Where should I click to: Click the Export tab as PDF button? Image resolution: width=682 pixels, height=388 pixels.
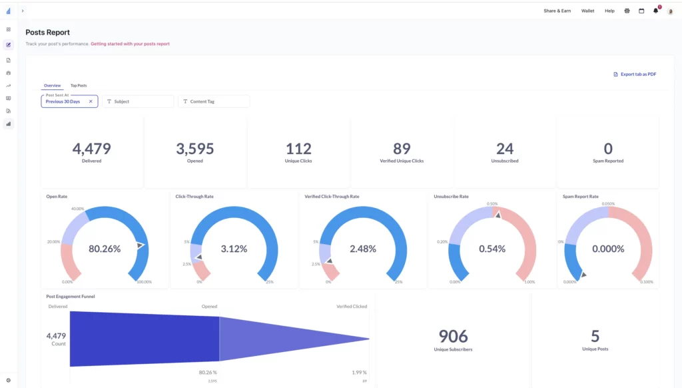click(635, 74)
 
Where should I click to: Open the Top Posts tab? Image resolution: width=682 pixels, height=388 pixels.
click(79, 85)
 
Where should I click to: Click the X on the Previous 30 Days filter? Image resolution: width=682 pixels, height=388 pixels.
click(91, 101)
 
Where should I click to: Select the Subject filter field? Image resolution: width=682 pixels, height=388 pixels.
click(138, 101)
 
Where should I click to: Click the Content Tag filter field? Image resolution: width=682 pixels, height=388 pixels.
click(213, 101)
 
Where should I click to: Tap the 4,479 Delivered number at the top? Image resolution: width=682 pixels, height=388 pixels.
click(92, 149)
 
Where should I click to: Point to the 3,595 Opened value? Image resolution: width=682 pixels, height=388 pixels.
click(195, 149)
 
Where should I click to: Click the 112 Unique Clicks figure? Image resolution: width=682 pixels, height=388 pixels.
click(299, 149)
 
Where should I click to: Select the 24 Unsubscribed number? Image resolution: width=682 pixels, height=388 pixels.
click(505, 149)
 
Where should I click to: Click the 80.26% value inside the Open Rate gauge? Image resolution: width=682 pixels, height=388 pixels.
click(105, 249)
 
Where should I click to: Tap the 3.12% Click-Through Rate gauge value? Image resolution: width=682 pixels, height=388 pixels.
click(234, 249)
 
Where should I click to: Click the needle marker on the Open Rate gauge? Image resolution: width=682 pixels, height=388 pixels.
click(140, 245)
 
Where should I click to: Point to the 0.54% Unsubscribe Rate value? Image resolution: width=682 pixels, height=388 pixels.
click(492, 249)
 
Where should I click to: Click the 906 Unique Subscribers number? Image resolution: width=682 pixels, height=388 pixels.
click(453, 336)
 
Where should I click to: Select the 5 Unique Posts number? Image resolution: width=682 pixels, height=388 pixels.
click(595, 336)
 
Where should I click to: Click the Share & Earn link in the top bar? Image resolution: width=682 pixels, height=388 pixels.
click(557, 11)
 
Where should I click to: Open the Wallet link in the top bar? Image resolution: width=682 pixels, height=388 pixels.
click(587, 11)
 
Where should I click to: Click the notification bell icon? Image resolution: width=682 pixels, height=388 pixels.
click(655, 11)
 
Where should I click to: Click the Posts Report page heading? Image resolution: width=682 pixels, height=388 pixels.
click(47, 32)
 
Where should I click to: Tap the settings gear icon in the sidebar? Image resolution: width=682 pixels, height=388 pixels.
click(8, 380)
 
